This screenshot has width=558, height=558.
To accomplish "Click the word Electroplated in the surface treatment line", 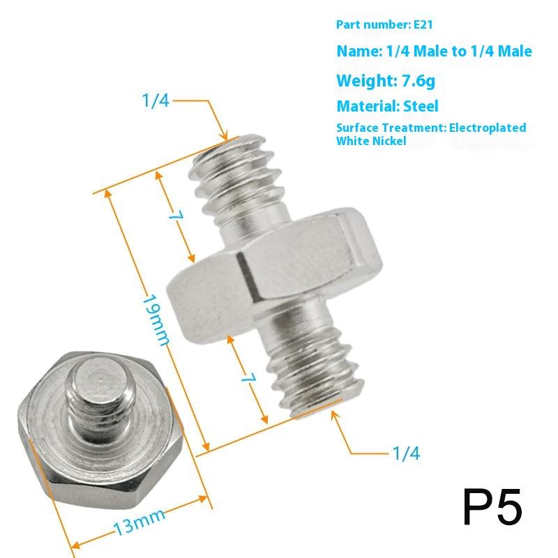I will (x=488, y=128).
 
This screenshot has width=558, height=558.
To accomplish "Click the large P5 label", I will (x=492, y=508).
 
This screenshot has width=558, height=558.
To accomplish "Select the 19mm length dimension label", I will (x=156, y=319).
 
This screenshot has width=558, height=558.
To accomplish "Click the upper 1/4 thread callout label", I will (x=156, y=100).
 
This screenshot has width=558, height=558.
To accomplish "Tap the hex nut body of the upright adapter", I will (x=279, y=272).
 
